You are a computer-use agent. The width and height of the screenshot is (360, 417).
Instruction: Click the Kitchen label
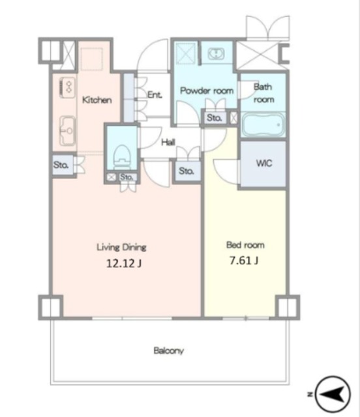tap(97, 100)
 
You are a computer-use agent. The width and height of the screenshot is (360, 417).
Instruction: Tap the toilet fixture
tap(122, 157)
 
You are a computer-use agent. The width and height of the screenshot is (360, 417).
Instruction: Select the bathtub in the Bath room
tap(263, 124)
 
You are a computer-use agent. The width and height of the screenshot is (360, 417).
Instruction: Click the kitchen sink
tap(67, 130)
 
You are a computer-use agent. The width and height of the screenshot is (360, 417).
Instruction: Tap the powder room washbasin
tap(216, 53)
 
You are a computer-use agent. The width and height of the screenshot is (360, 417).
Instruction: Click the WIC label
tap(264, 163)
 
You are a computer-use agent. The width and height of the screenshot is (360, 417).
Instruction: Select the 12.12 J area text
tap(123, 263)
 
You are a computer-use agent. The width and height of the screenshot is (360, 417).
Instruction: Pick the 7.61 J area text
tap(244, 261)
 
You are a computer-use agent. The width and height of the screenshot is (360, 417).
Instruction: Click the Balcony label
tap(169, 351)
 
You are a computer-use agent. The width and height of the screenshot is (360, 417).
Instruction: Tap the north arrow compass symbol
tap(333, 394)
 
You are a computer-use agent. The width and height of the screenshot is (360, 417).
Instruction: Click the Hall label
tap(168, 142)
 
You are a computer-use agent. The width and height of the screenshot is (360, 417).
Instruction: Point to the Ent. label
tap(155, 94)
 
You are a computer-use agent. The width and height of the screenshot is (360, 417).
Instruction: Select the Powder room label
tap(207, 91)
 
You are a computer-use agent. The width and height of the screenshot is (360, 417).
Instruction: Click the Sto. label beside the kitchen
tap(61, 165)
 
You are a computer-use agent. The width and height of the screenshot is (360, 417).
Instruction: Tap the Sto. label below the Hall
tap(187, 171)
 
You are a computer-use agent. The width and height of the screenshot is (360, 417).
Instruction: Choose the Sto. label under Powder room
tap(215, 117)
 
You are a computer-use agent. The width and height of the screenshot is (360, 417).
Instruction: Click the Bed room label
tap(245, 245)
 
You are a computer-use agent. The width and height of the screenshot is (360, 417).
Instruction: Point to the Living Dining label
tap(121, 247)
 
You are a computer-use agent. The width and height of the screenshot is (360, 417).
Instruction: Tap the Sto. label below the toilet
tap(127, 177)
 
